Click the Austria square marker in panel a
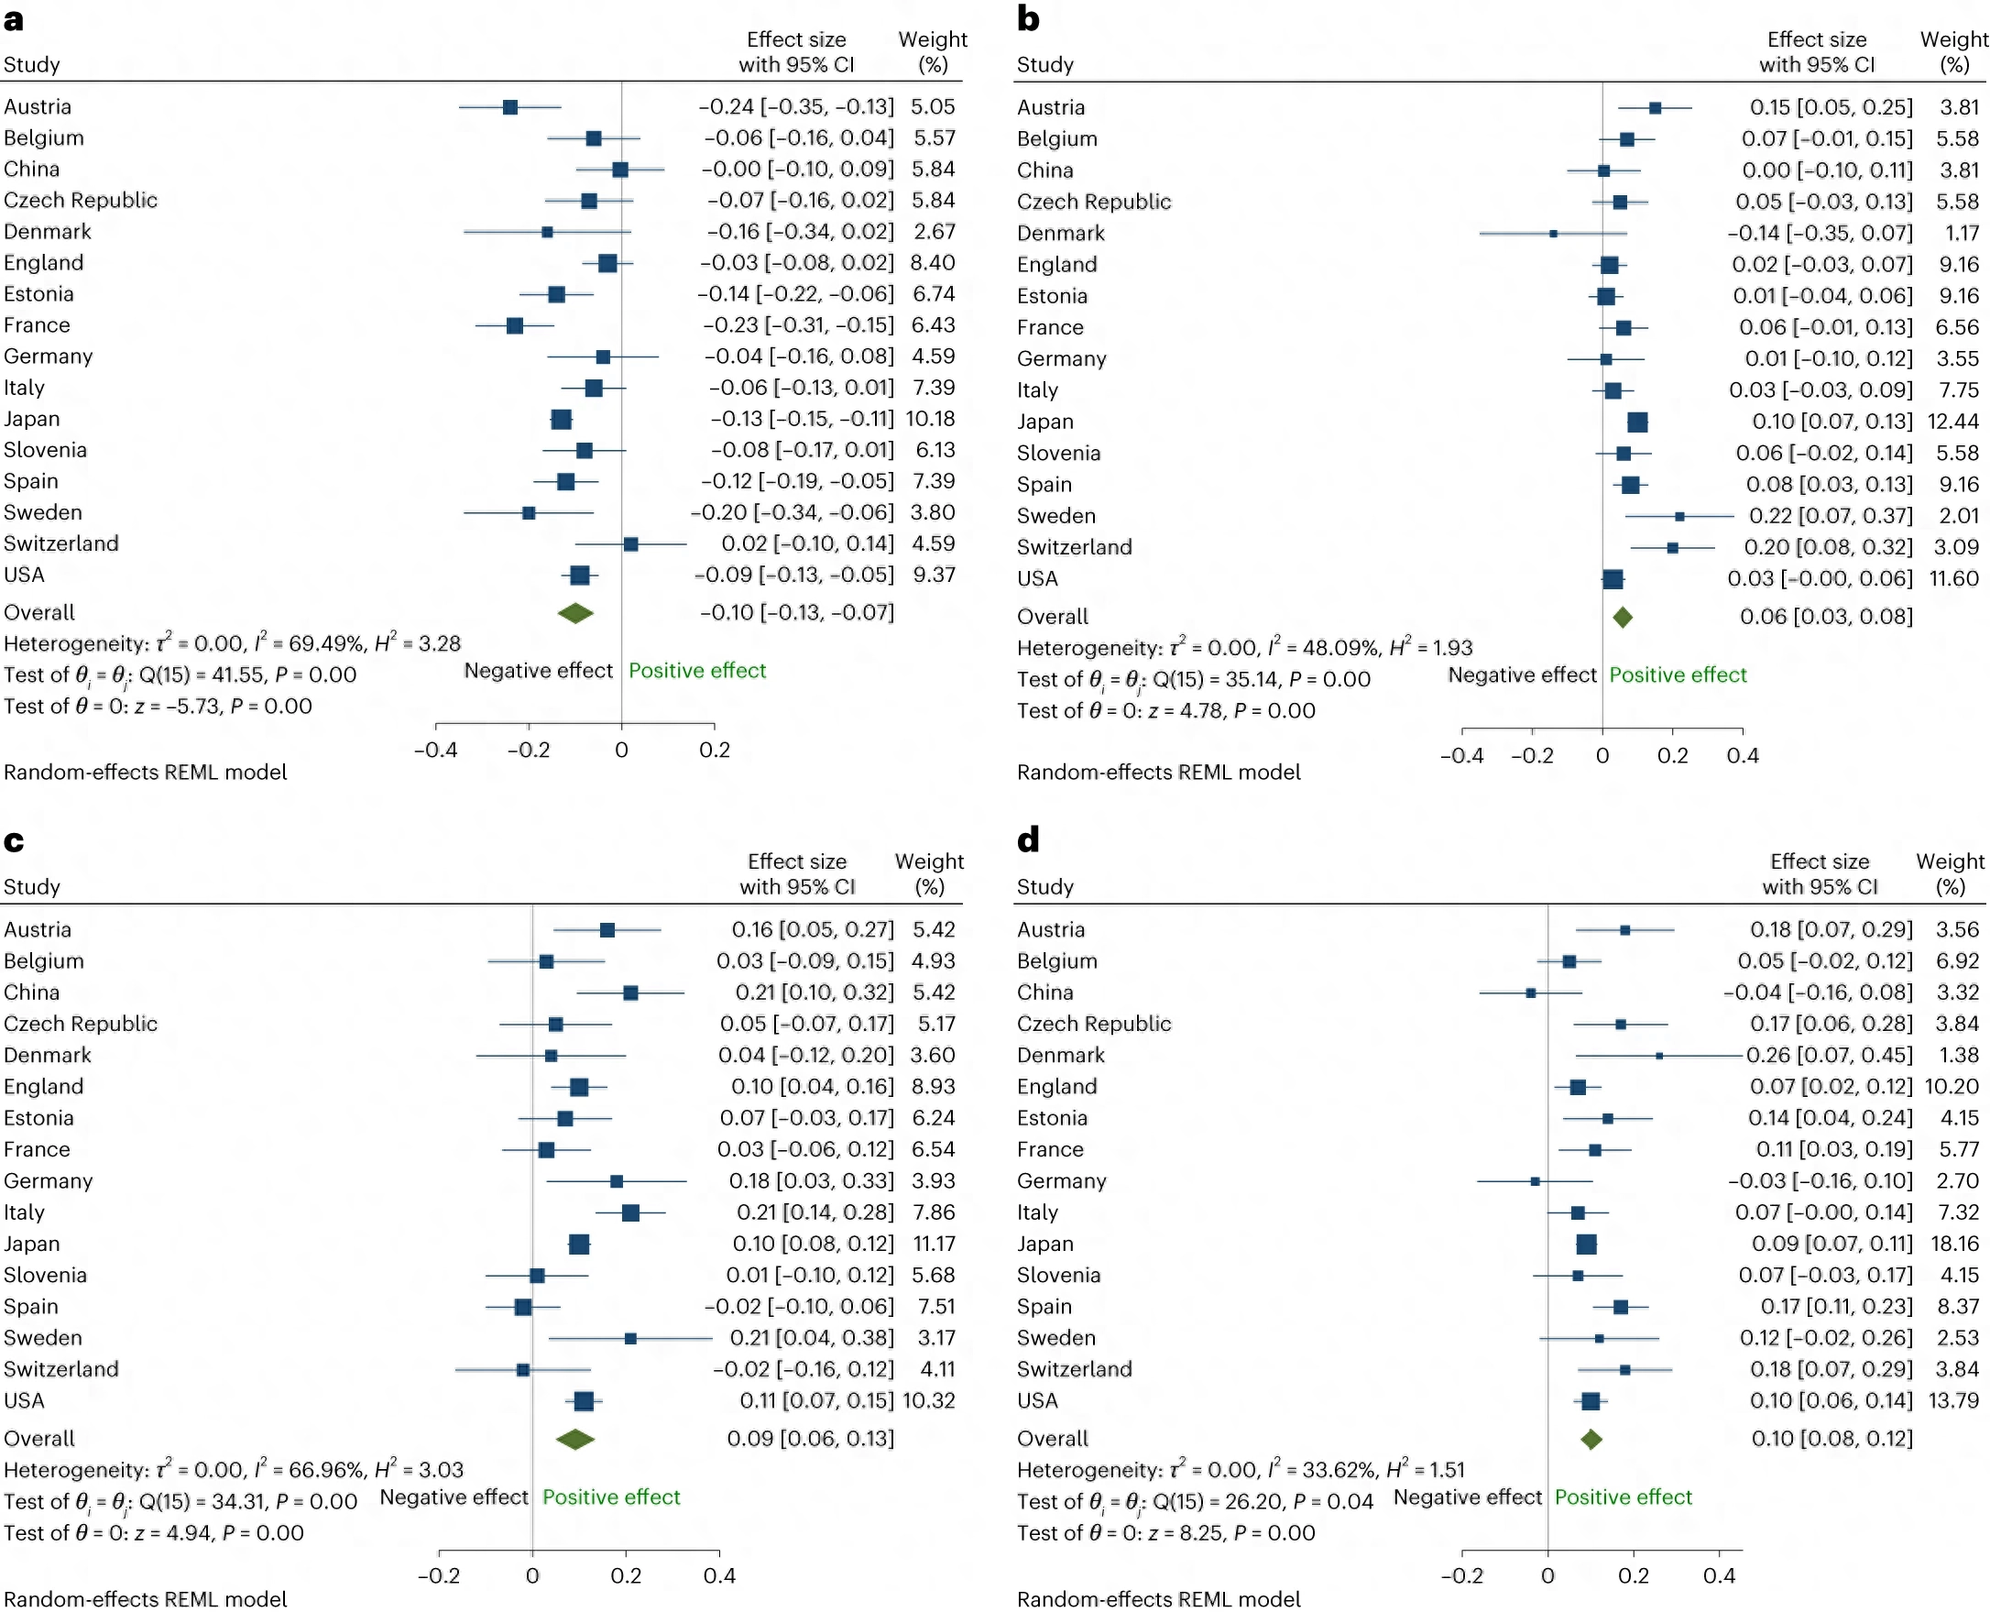tap(509, 107)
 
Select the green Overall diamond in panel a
tap(575, 613)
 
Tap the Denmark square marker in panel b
tap(1553, 233)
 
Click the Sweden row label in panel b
tap(1056, 516)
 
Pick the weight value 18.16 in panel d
tap(1952, 1244)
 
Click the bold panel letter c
tap(14, 841)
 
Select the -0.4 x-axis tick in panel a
tap(435, 751)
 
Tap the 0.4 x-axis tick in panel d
tap(1719, 1575)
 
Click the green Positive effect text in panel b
tap(1678, 675)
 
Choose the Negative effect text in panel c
tap(454, 1497)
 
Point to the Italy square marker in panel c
tap(630, 1212)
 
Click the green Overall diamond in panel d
tap(1591, 1440)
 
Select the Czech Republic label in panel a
tap(81, 201)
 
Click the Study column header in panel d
tap(1045, 887)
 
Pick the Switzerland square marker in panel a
tap(631, 544)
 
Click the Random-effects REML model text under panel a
tap(146, 773)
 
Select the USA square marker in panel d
tap(1590, 1401)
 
